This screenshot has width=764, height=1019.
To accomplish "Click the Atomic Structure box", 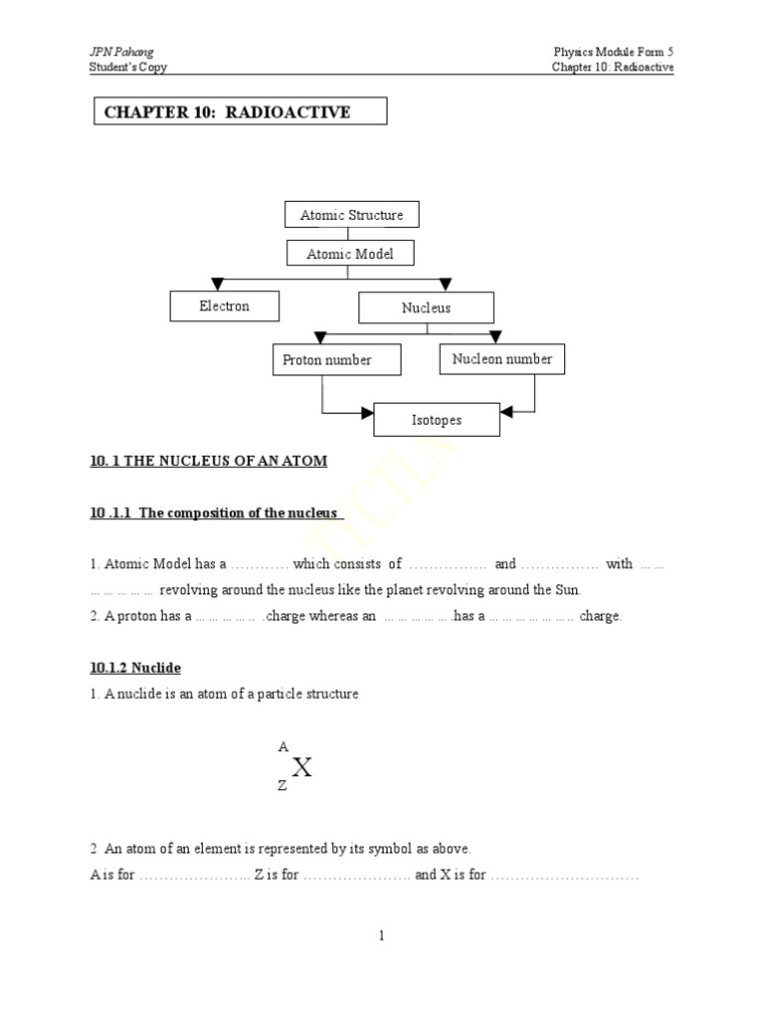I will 351,215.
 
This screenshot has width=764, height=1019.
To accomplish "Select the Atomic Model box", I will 349,254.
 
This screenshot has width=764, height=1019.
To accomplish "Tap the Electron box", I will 224,306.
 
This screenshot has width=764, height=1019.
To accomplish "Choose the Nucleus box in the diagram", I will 426,308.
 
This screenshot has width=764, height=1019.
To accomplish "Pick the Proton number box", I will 335,360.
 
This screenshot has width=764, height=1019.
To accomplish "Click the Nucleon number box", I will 501,359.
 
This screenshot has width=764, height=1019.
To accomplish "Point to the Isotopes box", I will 437,420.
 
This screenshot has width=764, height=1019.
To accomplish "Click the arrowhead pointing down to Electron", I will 218,285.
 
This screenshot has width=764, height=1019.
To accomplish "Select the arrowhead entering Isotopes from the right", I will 506,410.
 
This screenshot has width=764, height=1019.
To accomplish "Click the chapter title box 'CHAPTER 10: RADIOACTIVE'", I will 240,111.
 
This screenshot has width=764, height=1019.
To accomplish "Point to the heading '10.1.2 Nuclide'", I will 135,669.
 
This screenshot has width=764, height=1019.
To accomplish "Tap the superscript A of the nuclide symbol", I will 283,745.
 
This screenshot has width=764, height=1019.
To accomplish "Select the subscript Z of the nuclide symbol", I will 283,785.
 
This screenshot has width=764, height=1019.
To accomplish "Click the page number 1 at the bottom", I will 381,935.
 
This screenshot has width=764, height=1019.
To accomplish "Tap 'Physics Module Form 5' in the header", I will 614,52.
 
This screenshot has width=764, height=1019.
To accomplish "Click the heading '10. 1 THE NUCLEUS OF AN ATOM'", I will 208,461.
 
